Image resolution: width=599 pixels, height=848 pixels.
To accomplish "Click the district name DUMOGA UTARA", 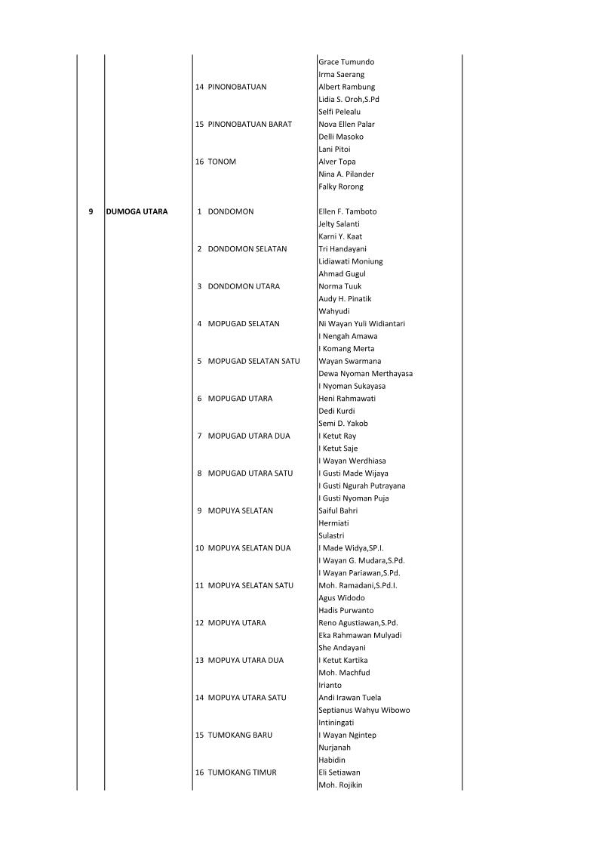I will tap(137, 211).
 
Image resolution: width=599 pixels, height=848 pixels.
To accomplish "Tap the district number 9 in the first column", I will tap(91, 211).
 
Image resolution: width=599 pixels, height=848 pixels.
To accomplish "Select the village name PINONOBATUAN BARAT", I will tap(249, 124).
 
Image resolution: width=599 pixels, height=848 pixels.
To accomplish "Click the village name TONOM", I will tap(221, 162).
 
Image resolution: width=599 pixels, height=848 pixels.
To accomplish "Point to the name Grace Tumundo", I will tap(346, 62).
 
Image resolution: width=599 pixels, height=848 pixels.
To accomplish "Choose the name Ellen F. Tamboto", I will tap(348, 211).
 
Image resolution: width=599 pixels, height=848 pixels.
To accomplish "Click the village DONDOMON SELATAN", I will tap(247, 248).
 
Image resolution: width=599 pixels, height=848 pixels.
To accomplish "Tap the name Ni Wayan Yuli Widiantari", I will tap(362, 323).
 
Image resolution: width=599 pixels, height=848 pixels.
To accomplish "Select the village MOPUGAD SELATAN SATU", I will tap(253, 361).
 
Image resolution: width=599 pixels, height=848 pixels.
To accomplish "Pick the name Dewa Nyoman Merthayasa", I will tap(366, 373).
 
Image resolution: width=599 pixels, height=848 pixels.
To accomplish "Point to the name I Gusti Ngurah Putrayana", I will tap(362, 486).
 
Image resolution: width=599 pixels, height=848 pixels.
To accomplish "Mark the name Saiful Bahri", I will tap(338, 510).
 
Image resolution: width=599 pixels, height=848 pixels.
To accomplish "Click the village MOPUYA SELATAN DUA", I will tap(249, 547).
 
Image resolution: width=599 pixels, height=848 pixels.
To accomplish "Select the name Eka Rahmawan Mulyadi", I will tap(360, 635).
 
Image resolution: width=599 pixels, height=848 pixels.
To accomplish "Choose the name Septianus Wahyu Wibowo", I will tap(364, 710).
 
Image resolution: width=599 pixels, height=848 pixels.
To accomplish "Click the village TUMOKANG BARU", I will tap(240, 735).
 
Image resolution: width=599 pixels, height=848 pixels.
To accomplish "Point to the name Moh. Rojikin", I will tap(340, 785).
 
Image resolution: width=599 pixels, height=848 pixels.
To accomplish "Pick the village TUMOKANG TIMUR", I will tap(241, 772).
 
